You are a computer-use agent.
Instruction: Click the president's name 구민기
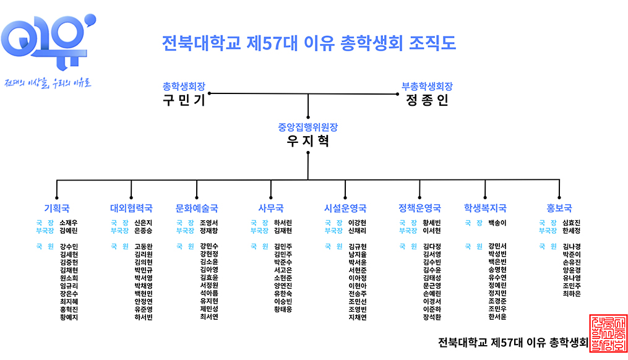click(184, 100)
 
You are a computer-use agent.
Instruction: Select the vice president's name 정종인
click(427, 100)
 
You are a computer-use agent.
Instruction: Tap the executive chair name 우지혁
click(308, 141)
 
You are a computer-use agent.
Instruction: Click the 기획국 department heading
click(57, 208)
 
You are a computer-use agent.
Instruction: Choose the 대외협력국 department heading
click(131, 208)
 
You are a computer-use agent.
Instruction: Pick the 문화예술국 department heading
click(197, 208)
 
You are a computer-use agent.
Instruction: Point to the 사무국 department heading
click(271, 208)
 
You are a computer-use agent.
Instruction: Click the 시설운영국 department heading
click(345, 208)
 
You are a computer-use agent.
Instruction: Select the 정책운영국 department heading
click(419, 208)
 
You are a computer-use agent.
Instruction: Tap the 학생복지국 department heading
click(485, 208)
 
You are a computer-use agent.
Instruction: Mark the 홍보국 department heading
click(559, 208)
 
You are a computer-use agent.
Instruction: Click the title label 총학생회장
click(183, 87)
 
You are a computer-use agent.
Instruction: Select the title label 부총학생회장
click(427, 87)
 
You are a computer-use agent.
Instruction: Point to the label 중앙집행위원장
click(308, 127)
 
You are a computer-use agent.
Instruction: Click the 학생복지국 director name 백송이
click(497, 223)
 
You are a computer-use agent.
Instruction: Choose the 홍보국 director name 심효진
click(572, 223)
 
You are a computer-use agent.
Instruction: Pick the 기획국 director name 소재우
click(69, 223)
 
